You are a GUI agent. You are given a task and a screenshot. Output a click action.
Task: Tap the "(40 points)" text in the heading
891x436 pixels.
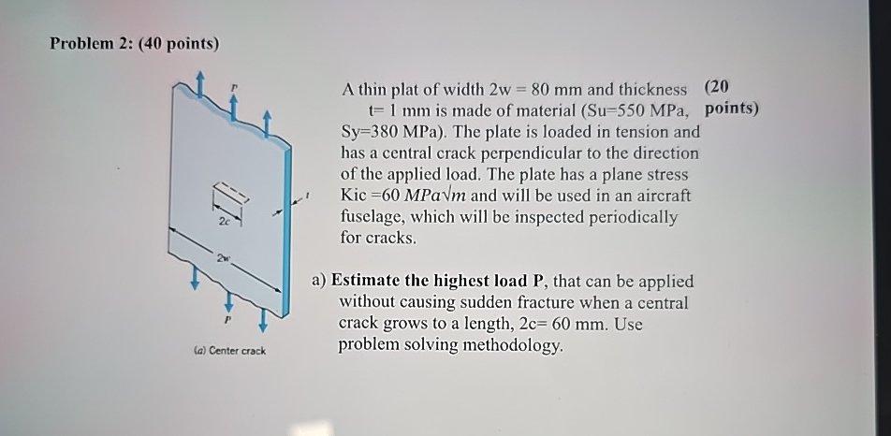click(178, 44)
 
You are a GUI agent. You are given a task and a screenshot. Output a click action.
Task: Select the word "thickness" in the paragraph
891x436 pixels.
click(650, 90)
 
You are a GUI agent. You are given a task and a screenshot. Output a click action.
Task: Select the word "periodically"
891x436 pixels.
click(634, 217)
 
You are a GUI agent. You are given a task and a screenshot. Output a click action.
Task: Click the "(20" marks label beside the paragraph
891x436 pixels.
click(717, 88)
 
